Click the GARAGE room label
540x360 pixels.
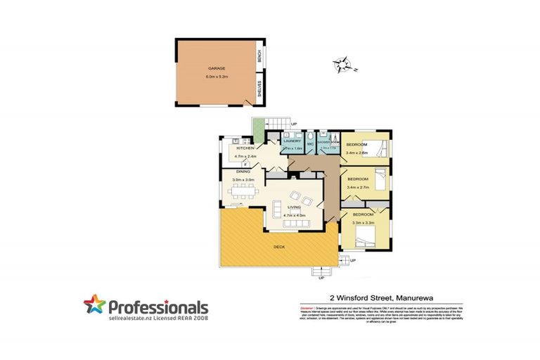216,67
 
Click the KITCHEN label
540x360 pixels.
245,149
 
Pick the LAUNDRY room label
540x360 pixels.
292,141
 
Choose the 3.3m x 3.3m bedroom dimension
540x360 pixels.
361,223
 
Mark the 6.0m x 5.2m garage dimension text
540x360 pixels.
216,75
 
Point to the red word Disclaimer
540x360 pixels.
307,308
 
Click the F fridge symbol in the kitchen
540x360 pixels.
245,163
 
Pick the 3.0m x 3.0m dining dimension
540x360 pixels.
243,180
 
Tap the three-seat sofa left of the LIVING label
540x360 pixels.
276,209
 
